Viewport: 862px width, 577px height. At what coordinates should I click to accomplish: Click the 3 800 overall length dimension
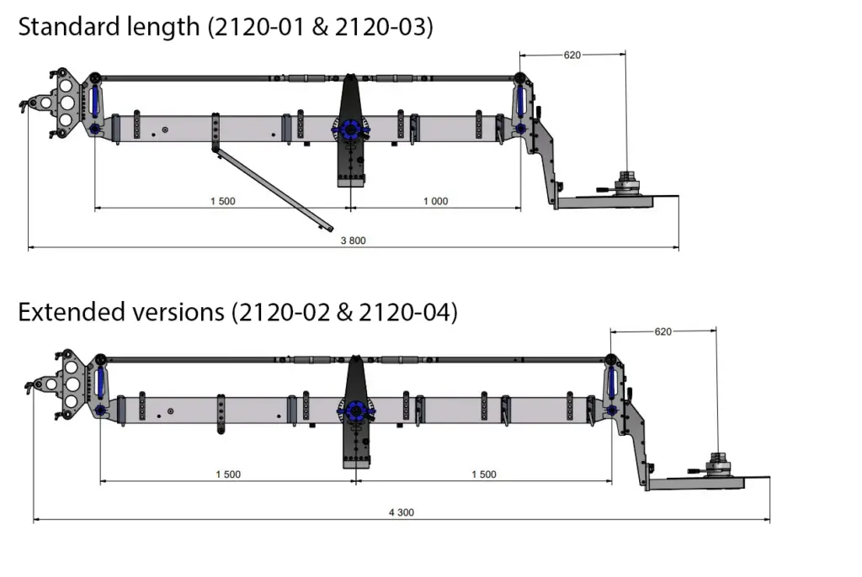[x=353, y=241]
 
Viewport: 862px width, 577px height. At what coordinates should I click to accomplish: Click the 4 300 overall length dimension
[x=401, y=512]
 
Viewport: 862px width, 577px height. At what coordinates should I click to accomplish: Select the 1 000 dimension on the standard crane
[x=435, y=201]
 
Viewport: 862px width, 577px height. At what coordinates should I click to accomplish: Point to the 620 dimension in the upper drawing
[x=572, y=56]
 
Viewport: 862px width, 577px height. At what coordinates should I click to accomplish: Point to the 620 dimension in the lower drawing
[x=663, y=331]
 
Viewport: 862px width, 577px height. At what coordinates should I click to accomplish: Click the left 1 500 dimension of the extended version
[x=227, y=474]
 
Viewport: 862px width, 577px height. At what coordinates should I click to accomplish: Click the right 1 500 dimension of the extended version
[x=483, y=474]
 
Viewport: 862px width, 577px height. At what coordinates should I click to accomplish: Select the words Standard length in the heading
[x=106, y=27]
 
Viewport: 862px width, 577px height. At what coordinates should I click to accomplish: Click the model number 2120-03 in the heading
[x=384, y=27]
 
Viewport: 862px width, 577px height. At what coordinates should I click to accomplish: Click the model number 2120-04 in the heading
[x=407, y=312]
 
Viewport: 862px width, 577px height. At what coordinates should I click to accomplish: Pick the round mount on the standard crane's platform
[x=626, y=183]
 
